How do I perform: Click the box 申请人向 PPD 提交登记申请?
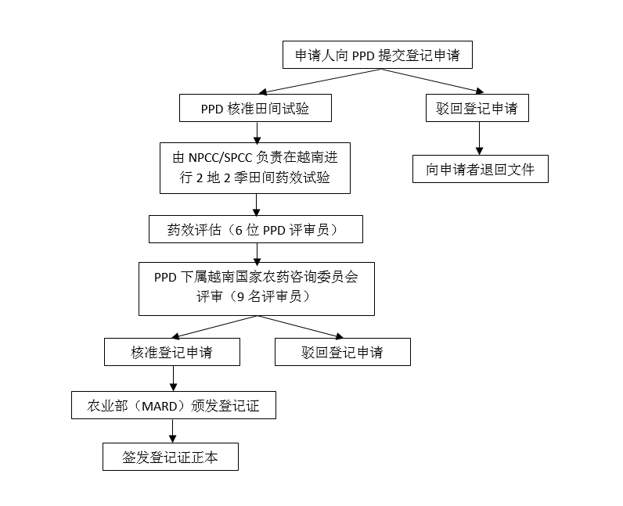(377, 55)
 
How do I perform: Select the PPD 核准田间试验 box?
(255, 108)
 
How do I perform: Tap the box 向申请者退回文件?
(481, 169)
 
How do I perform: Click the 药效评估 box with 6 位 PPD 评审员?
(256, 229)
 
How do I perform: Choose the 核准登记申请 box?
(172, 352)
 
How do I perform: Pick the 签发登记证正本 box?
(171, 457)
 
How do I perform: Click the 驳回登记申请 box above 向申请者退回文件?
(477, 108)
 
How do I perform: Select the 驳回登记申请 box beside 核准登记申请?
(343, 352)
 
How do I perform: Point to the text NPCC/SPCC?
(220, 158)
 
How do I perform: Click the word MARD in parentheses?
(160, 406)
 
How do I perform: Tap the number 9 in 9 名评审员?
(240, 296)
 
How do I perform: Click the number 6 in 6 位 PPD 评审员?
(239, 231)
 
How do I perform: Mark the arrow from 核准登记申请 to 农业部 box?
(173, 379)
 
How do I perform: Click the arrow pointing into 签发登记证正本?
(172, 431)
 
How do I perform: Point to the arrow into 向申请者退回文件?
(479, 138)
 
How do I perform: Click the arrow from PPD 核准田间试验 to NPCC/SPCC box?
(257, 133)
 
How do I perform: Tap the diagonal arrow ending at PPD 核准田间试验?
(320, 81)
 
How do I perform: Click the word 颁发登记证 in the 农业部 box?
(225, 406)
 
